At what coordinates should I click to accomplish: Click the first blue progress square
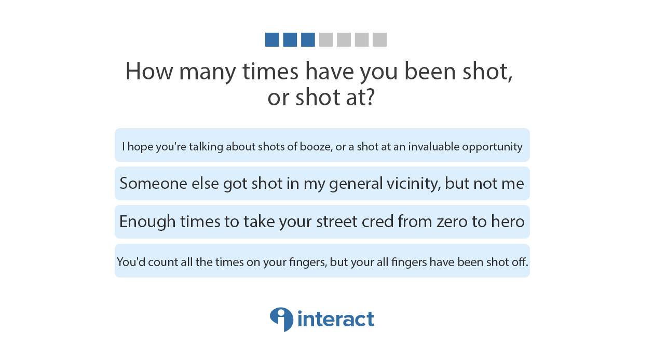(x=272, y=39)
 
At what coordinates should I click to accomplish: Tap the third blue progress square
(x=308, y=39)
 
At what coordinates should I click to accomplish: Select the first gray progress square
(x=326, y=39)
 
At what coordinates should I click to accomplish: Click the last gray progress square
(x=379, y=39)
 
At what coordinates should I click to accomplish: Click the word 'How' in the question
(x=149, y=71)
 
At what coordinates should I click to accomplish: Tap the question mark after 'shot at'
(x=370, y=97)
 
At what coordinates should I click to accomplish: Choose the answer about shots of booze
(x=322, y=145)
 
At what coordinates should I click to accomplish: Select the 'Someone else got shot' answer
(x=322, y=184)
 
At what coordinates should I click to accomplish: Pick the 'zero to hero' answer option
(x=322, y=221)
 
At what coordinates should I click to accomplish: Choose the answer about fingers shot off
(x=322, y=260)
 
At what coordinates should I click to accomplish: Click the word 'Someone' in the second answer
(x=154, y=184)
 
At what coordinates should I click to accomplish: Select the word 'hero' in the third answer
(x=508, y=221)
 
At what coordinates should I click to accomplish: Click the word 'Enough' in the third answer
(x=147, y=222)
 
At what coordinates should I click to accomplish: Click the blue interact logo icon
(x=281, y=320)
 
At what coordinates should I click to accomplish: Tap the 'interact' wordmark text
(x=336, y=319)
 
